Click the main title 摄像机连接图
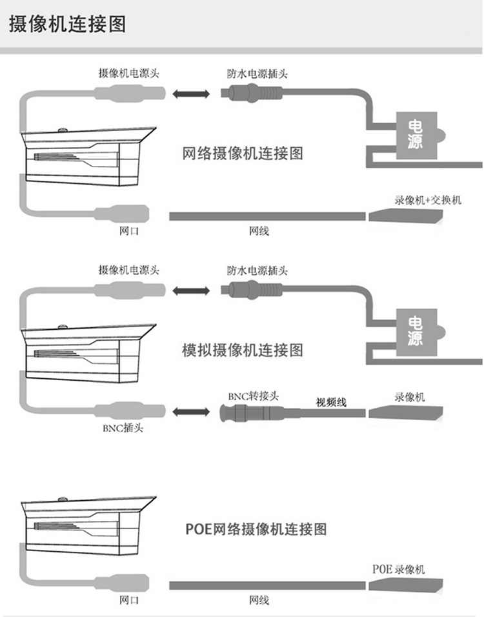click(x=67, y=24)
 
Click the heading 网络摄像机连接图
click(x=243, y=154)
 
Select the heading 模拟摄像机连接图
click(x=243, y=350)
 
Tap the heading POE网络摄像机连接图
click(x=256, y=529)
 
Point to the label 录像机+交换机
click(x=428, y=200)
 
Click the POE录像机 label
click(x=399, y=569)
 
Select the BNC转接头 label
click(x=253, y=396)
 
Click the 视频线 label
click(x=331, y=402)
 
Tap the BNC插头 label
click(x=123, y=428)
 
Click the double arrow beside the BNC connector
click(x=191, y=412)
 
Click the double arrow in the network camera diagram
click(x=191, y=94)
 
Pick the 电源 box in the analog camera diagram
click(x=417, y=332)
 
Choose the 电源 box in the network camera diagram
click(x=417, y=136)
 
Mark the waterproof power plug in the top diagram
click(x=251, y=93)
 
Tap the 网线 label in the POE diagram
click(x=259, y=600)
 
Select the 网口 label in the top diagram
click(x=129, y=230)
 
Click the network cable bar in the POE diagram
click(x=267, y=585)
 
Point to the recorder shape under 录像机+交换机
click(x=406, y=216)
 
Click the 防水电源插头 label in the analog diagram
click(x=257, y=270)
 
